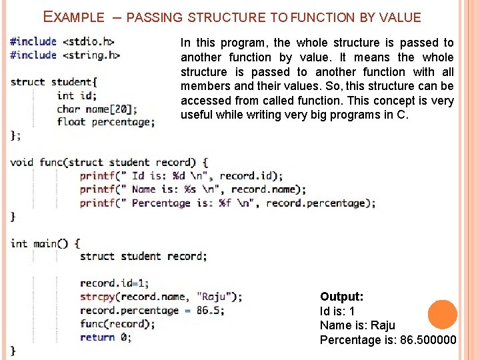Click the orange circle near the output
(442, 314)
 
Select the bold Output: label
(341, 297)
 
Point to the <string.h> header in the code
(91, 55)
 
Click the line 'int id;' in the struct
(77, 95)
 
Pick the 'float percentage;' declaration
(106, 122)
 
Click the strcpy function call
(98, 297)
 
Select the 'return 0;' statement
(105, 337)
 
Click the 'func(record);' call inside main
(117, 324)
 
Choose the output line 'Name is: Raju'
(357, 325)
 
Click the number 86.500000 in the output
(428, 340)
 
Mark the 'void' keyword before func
(21, 162)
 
